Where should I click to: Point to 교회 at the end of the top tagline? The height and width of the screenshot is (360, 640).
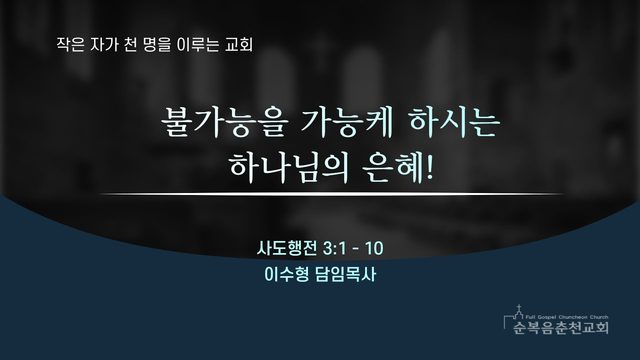(239, 44)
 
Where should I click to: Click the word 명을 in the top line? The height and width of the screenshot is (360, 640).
(157, 44)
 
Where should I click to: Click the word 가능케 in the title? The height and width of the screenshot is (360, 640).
(347, 121)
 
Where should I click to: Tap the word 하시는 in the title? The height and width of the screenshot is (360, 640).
(454, 121)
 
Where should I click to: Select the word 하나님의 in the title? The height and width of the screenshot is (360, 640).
(289, 167)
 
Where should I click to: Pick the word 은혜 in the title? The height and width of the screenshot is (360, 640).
(393, 167)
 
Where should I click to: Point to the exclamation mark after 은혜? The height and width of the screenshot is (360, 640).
(429, 167)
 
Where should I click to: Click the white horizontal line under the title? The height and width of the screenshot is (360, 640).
(331, 194)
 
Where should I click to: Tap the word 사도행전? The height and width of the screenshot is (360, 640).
(287, 248)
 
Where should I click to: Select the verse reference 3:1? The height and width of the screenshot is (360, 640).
(334, 248)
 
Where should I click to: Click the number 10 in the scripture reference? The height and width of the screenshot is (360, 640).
(374, 248)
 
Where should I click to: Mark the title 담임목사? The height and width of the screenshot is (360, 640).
(345, 274)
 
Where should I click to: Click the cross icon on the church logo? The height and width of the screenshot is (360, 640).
(519, 307)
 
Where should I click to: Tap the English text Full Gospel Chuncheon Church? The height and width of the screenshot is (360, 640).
(567, 317)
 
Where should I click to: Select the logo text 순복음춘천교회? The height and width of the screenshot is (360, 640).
(561, 327)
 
